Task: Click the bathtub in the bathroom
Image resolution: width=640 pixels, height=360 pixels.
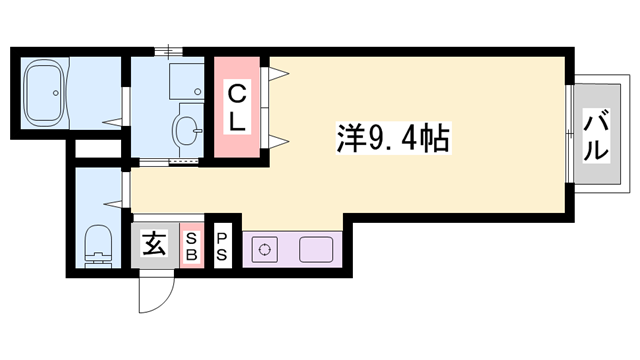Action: click(44, 93)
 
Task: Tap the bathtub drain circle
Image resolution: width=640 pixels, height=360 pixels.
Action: click(56, 93)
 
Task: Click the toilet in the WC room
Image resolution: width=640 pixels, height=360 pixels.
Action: click(98, 246)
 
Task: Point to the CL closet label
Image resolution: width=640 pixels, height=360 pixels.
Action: click(237, 108)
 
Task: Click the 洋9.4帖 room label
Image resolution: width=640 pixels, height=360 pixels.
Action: click(393, 138)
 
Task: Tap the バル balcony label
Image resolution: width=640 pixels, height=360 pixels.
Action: click(596, 136)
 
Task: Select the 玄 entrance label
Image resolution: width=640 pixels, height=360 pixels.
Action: click(154, 243)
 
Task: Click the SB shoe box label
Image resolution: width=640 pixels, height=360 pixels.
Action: click(192, 246)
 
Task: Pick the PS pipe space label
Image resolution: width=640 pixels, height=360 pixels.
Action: click(222, 246)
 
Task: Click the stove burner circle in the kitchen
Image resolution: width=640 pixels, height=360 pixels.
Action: click(264, 249)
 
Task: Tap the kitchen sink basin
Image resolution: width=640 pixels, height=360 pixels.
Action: click(316, 249)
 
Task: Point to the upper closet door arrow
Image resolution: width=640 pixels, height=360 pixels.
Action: click(279, 73)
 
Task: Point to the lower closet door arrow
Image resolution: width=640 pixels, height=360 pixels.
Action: click(279, 142)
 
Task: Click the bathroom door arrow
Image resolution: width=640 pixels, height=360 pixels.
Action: click(112, 122)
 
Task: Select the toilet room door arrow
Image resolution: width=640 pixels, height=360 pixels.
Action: click(113, 203)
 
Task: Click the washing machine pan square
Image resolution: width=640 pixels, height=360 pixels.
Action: click(187, 81)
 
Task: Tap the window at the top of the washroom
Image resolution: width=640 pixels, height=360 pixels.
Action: click(169, 51)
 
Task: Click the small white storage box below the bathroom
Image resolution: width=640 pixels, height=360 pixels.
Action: click(98, 149)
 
